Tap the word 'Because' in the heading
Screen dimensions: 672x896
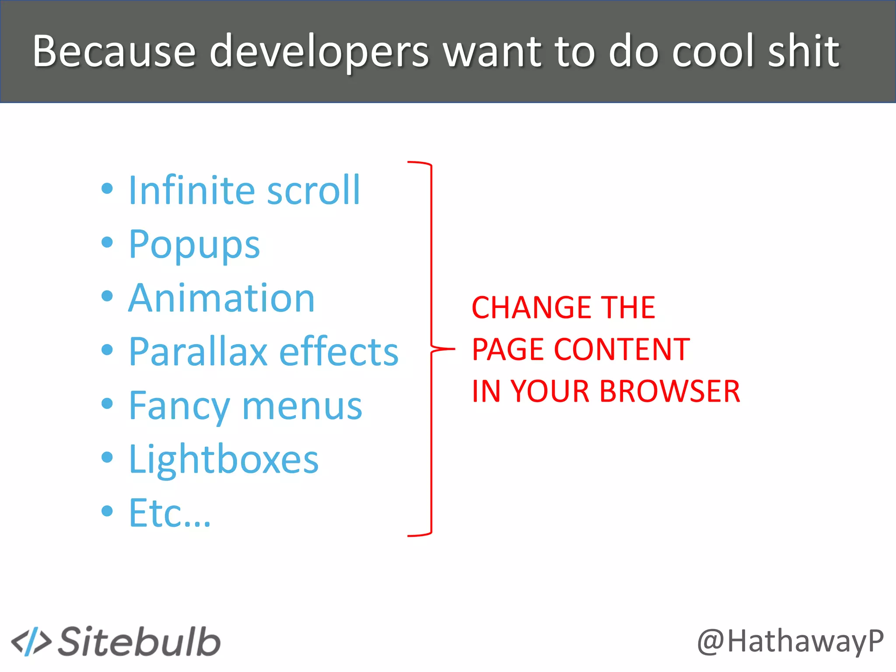[114, 52]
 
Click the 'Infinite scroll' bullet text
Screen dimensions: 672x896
[244, 190]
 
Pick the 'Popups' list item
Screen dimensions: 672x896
[194, 245]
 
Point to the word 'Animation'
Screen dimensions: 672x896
[221, 298]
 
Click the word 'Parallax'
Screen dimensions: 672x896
[198, 352]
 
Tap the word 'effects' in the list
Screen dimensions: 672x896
[339, 352]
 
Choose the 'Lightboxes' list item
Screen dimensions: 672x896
[224, 459]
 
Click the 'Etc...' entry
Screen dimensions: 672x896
[170, 513]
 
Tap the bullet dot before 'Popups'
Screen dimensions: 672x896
[107, 242]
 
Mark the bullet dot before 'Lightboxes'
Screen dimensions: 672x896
[107, 457]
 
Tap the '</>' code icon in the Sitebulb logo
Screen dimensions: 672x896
[31, 642]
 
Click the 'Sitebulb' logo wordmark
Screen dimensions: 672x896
[139, 642]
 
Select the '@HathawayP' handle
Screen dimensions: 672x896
[790, 642]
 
